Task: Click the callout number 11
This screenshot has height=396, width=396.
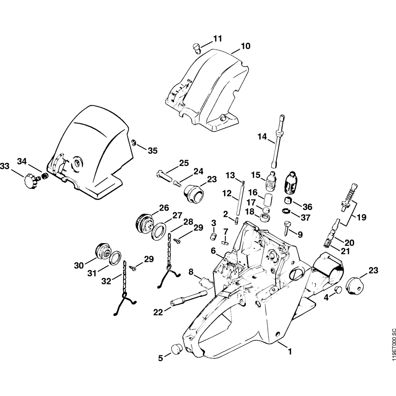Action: [x=217, y=38]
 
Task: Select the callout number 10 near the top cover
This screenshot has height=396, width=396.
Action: [x=246, y=46]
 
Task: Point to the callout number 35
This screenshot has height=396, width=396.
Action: [x=152, y=150]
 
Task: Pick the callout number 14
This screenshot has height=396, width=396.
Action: [x=262, y=137]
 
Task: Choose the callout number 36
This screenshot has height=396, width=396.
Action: [x=307, y=207]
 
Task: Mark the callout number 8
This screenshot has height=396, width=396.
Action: [x=191, y=272]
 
